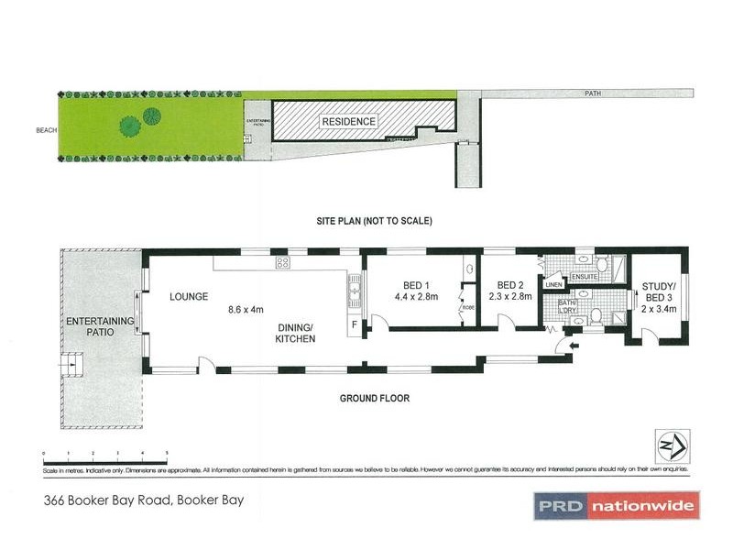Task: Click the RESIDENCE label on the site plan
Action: point(347,122)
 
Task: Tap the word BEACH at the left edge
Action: point(47,130)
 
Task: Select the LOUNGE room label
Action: point(191,297)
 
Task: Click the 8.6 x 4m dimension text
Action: point(251,310)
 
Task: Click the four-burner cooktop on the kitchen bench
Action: point(283,263)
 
